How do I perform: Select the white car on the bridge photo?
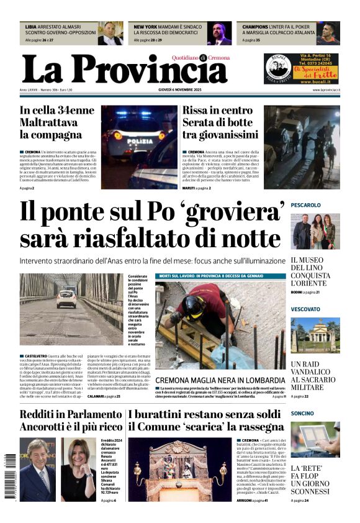[x=66, y=299]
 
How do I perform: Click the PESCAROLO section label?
[x=305, y=205]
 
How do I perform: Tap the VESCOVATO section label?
[x=305, y=309]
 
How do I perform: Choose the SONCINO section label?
[x=302, y=413]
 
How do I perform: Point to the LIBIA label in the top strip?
[x=30, y=27]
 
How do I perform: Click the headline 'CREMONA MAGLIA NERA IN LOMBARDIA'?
[x=220, y=380]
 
